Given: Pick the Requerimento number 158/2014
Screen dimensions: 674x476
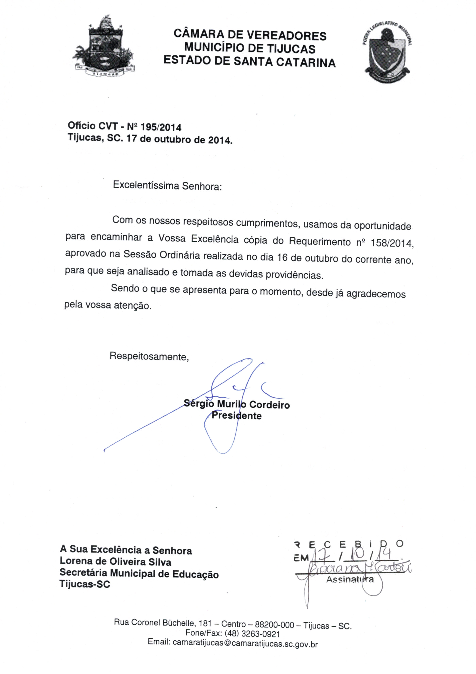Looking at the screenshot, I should click(392, 243).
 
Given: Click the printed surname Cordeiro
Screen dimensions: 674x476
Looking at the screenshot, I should click(269, 405).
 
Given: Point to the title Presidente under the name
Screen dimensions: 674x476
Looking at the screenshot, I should click(237, 416).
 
